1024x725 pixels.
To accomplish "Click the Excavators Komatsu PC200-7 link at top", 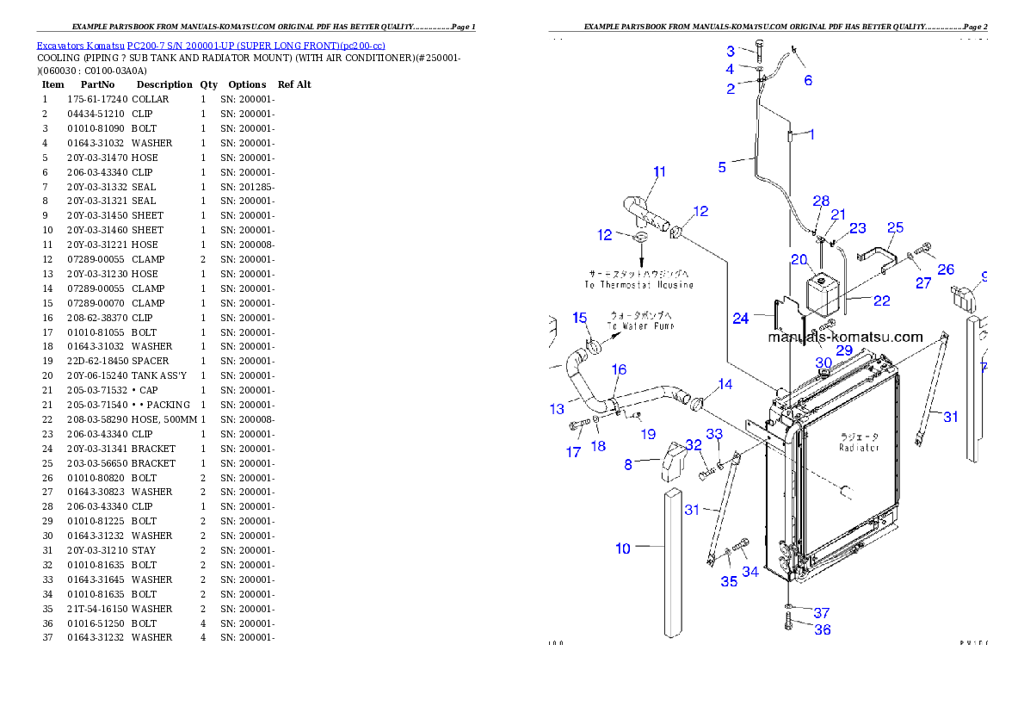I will [210, 45].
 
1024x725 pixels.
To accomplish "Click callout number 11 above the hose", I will [659, 172].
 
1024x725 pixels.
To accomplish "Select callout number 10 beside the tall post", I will [623, 548].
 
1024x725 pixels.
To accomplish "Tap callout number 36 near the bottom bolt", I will [823, 629].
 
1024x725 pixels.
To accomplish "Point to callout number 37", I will [822, 613].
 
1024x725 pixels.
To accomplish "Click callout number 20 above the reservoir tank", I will [799, 259].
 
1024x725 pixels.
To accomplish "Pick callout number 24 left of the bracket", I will [741, 319].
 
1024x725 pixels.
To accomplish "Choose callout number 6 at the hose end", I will [808, 81].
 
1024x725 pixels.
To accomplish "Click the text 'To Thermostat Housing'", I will [638, 284].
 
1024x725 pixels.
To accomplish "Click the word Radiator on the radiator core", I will [858, 448].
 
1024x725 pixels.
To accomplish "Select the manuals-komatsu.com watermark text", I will [845, 338].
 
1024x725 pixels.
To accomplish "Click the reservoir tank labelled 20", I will [822, 294].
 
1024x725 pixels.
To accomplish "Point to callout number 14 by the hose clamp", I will [725, 384].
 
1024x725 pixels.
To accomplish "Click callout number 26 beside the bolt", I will [946, 270].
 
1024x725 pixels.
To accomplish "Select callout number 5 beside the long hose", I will [723, 167].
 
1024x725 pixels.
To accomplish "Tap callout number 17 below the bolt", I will [574, 452].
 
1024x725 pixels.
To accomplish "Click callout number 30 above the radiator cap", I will [824, 362].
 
